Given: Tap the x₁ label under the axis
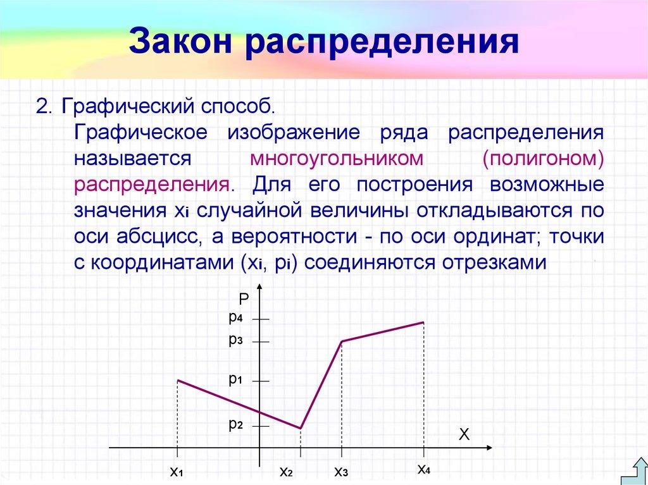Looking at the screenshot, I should coord(176,471).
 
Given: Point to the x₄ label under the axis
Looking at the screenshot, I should coord(423,469).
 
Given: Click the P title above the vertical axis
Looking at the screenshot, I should coord(244,298).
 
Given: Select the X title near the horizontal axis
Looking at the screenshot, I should coord(464,434).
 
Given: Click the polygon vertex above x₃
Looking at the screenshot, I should coord(342,341).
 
